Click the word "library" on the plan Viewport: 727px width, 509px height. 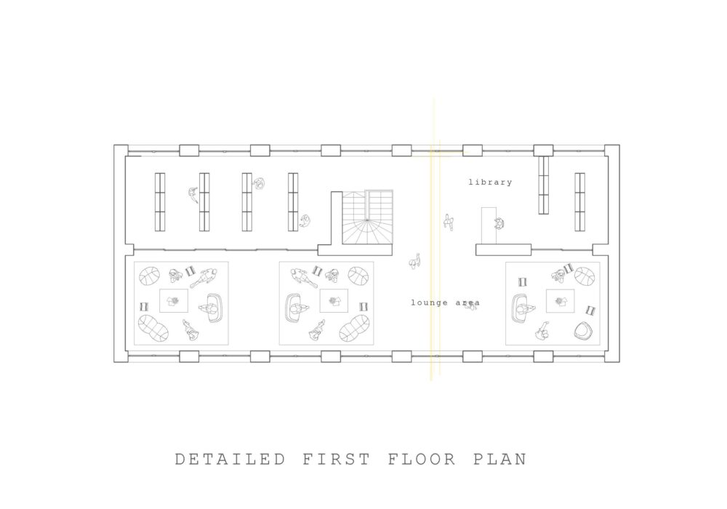(x=490, y=183)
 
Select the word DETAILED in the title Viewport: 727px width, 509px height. (x=230, y=459)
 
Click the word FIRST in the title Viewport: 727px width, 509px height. (x=337, y=459)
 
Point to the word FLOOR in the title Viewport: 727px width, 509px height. (x=422, y=459)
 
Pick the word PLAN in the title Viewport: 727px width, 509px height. (x=500, y=459)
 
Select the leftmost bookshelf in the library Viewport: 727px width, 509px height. (x=159, y=202)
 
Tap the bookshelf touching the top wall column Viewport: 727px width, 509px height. (x=543, y=185)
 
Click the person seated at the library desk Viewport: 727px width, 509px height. (x=499, y=224)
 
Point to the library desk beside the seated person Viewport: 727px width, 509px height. (x=489, y=225)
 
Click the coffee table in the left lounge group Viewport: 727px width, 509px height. (x=174, y=301)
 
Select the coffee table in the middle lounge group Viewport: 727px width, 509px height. (x=334, y=301)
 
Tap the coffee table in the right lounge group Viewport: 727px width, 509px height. (x=560, y=301)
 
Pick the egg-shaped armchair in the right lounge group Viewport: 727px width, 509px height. (x=582, y=331)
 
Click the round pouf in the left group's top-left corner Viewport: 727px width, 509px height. (x=149, y=276)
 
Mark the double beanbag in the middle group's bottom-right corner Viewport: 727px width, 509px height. (x=354, y=329)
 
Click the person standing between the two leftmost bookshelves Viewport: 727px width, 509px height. (x=193, y=195)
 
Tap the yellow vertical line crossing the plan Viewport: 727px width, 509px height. (x=432, y=239)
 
